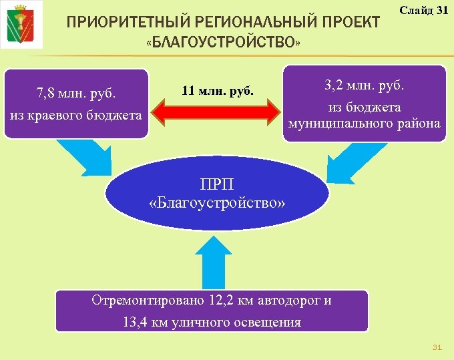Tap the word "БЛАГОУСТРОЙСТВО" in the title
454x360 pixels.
pos(223,43)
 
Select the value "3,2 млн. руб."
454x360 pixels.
pos(365,85)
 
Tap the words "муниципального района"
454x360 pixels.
pos(365,123)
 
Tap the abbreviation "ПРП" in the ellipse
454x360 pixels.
pos(217,184)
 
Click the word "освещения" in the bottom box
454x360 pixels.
pos(267,323)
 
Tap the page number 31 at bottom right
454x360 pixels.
pos(437,347)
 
